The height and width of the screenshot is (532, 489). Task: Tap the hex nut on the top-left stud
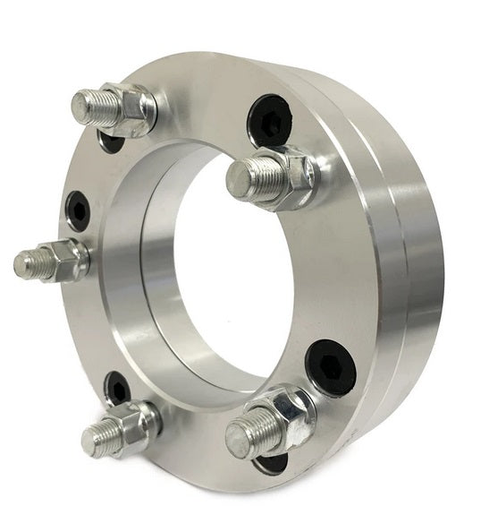point(129,107)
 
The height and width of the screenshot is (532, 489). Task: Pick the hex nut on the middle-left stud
point(66,261)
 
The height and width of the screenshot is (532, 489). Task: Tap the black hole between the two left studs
point(79,211)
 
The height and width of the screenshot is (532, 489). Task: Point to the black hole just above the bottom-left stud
point(118,388)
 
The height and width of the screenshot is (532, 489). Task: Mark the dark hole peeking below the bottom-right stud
point(272,464)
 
